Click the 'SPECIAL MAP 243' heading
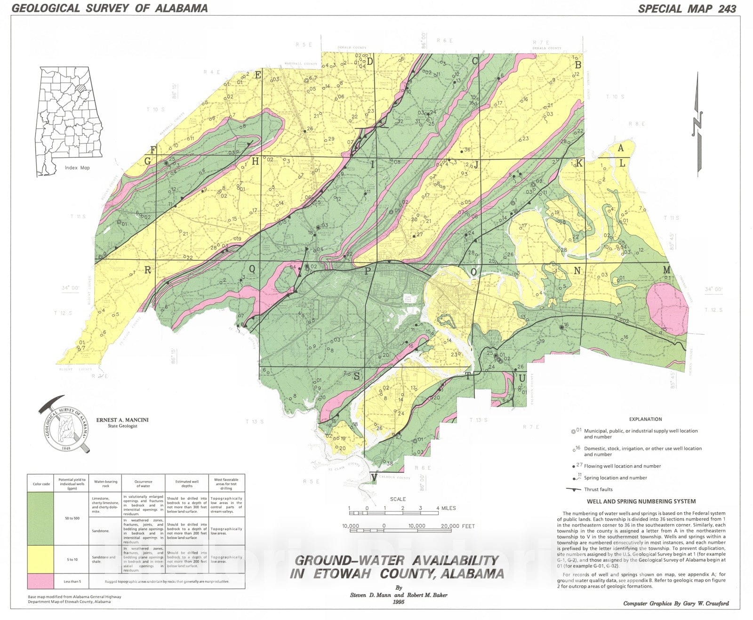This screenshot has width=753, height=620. (687, 8)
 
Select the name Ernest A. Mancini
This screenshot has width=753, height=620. (122, 420)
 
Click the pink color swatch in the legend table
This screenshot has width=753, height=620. (40, 581)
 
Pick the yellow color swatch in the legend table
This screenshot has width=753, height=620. (40, 559)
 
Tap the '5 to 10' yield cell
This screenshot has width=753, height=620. (72, 559)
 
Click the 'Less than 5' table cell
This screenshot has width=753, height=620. (72, 581)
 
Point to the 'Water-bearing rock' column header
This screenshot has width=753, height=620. (105, 484)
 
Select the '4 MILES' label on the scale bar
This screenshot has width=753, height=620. (446, 508)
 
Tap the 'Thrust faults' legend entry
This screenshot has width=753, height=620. (598, 489)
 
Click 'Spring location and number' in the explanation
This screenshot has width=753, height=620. (615, 477)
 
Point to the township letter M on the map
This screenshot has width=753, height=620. (666, 270)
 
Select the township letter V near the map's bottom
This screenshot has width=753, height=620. (374, 477)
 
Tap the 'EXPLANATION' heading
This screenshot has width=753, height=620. (645, 419)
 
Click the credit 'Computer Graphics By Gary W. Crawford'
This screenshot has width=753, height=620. (676, 604)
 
